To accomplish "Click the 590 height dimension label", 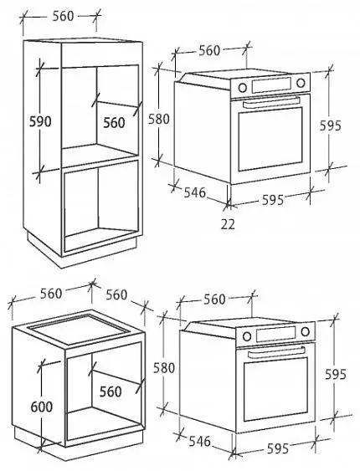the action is [40, 121].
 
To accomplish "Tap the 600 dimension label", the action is [42, 407].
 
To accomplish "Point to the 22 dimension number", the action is [228, 223].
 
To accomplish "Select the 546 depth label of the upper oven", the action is [195, 192].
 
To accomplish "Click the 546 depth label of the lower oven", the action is [200, 441].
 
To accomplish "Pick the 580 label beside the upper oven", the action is [159, 120].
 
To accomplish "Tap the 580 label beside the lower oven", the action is [164, 367].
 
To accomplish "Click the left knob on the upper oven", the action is [242, 87].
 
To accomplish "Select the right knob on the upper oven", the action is [301, 83].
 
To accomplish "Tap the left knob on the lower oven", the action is [247, 336].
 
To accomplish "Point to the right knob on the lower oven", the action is [305, 331].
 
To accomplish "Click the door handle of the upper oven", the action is [271, 102].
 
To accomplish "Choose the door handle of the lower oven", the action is [276, 351].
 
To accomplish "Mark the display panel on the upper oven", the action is [271, 85].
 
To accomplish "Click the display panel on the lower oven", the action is [275, 334].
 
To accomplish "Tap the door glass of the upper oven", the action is [270, 139].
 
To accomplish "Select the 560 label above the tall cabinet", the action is [63, 16].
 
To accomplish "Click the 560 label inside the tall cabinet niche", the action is [114, 122].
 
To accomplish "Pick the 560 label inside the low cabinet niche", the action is [111, 392].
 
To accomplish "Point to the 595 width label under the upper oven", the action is [273, 200].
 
